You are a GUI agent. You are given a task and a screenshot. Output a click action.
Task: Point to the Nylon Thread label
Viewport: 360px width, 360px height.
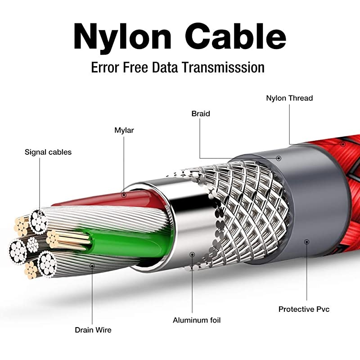click(x=289, y=98)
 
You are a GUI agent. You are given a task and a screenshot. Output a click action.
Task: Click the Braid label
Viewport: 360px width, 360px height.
click(x=201, y=114)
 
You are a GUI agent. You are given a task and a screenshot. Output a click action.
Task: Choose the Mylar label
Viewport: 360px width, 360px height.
click(x=124, y=130)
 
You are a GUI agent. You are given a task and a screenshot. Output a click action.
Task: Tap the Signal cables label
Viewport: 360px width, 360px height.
click(x=48, y=152)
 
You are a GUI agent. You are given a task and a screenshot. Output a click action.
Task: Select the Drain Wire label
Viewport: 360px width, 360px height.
click(x=93, y=330)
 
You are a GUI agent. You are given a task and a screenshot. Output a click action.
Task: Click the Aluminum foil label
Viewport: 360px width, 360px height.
click(x=197, y=320)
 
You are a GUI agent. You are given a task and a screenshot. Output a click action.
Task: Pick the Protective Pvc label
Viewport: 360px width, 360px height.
click(x=304, y=309)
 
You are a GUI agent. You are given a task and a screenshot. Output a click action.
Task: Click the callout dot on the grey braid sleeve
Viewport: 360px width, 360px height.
click(x=279, y=158)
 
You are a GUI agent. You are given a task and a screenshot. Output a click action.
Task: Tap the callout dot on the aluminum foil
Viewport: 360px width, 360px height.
click(x=192, y=254)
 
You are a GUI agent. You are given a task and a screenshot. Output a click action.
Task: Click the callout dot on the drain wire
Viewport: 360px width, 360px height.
click(x=92, y=265)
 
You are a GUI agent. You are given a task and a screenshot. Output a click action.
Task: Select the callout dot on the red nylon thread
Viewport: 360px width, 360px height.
click(x=343, y=144)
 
